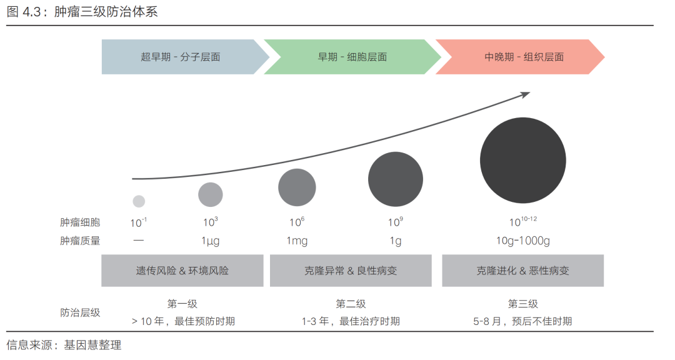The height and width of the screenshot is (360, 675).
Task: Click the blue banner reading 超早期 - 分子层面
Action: (x=181, y=57)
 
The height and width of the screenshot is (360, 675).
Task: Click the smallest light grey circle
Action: (x=139, y=201)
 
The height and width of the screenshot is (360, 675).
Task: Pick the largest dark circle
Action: (x=523, y=160)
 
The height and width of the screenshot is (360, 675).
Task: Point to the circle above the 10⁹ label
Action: (x=395, y=179)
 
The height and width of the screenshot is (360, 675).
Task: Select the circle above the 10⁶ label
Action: (x=297, y=187)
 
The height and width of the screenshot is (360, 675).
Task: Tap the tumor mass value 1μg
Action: (x=210, y=241)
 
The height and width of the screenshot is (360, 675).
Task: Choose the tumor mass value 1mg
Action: (x=297, y=241)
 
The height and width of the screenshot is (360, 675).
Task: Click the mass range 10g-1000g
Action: (x=523, y=241)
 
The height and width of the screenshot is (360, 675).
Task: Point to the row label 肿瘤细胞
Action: (x=80, y=222)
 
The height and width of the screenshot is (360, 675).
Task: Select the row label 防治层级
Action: (x=80, y=312)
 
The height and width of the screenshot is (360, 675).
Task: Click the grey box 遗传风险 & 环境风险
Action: (x=182, y=271)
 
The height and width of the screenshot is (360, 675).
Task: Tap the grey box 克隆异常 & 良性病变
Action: (x=351, y=271)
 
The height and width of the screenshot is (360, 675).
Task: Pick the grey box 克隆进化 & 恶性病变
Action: (x=523, y=271)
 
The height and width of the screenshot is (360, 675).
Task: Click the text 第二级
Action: (x=351, y=304)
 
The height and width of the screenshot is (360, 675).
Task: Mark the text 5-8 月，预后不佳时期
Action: (x=522, y=321)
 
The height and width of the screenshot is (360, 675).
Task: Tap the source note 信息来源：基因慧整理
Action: (x=64, y=345)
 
